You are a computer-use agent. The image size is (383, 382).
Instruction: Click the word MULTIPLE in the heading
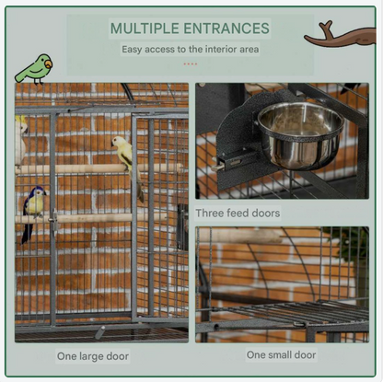[x=145, y=29]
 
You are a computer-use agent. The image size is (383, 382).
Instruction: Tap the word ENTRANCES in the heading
[x=226, y=29]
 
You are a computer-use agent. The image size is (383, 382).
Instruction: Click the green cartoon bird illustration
[x=34, y=69]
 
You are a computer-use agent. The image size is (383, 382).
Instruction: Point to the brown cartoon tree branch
[x=340, y=35]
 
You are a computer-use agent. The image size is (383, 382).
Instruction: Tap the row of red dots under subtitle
[x=191, y=64]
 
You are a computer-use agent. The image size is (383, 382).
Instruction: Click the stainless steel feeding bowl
[x=300, y=135]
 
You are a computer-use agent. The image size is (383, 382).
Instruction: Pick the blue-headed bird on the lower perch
[x=33, y=210]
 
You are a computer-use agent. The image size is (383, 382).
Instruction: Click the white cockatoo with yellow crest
[x=20, y=141]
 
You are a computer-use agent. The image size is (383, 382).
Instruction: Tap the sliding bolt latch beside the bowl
[x=232, y=160]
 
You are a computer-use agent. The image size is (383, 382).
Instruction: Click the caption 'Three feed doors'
[x=238, y=213]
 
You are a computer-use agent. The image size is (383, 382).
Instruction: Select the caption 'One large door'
[x=93, y=356]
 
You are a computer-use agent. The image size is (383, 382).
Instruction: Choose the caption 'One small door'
[x=281, y=354]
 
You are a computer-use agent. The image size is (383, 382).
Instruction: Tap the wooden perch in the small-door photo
[x=238, y=236]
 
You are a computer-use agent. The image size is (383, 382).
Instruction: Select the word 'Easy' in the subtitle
[x=132, y=50]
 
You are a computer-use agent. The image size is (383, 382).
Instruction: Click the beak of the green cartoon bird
[x=49, y=64]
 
